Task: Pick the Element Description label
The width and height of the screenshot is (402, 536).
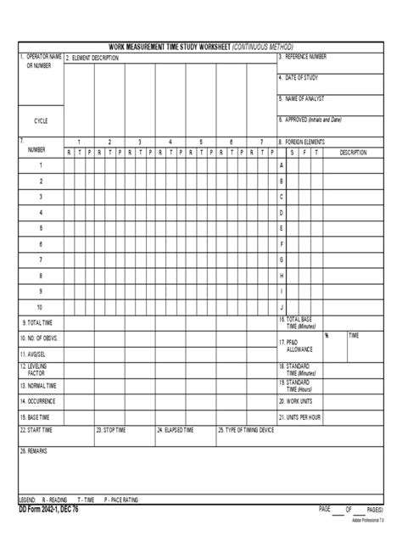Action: [x=94, y=58]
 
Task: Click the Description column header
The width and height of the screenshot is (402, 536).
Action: [x=353, y=153]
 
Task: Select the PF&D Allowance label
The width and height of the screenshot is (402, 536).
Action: [x=298, y=346]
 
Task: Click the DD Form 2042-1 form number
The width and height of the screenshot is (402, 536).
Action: [x=48, y=509]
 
